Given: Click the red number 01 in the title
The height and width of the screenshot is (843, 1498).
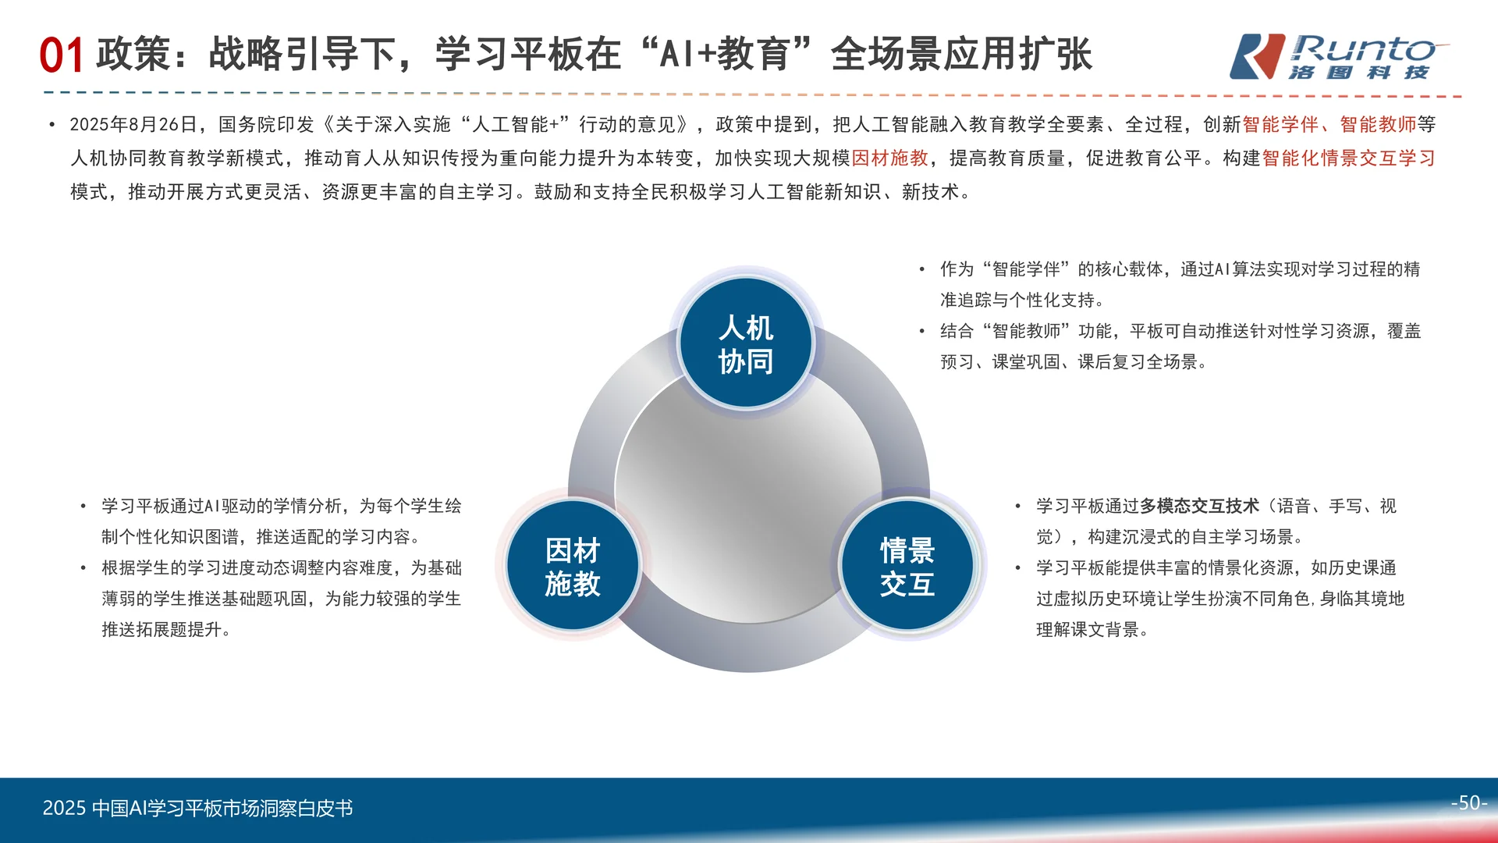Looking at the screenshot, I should click(61, 56).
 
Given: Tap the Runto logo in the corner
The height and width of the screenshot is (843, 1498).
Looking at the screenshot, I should click(1338, 56).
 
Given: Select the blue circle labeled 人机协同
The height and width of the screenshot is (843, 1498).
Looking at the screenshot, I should click(746, 343).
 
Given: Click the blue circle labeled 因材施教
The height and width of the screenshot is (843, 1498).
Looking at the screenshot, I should click(573, 566).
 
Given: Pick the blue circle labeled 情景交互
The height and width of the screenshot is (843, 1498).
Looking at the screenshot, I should click(907, 566).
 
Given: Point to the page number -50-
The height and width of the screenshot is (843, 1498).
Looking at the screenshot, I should click(1468, 802).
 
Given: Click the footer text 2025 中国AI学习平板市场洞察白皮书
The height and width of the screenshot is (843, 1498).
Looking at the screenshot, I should click(197, 808).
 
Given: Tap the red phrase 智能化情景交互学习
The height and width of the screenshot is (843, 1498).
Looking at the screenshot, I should click(1348, 158).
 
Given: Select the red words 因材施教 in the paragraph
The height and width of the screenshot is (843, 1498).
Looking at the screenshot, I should click(889, 158).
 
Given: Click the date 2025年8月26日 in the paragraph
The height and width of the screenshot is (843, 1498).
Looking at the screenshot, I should click(133, 125).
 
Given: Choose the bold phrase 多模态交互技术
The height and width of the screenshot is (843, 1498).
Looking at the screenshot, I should click(1199, 506).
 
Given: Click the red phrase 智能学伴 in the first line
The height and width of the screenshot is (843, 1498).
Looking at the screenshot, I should click(1280, 125).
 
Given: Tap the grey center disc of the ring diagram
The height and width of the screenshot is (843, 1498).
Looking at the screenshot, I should click(747, 492).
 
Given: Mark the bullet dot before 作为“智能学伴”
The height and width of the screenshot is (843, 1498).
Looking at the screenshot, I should click(922, 270).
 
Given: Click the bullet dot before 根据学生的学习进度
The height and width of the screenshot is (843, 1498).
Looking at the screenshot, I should click(83, 568).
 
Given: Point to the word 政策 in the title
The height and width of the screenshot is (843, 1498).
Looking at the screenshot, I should click(133, 55).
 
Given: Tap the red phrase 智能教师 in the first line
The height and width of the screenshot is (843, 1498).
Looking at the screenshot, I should click(1378, 125).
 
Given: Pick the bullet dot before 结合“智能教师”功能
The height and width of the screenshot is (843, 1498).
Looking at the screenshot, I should click(922, 332).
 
